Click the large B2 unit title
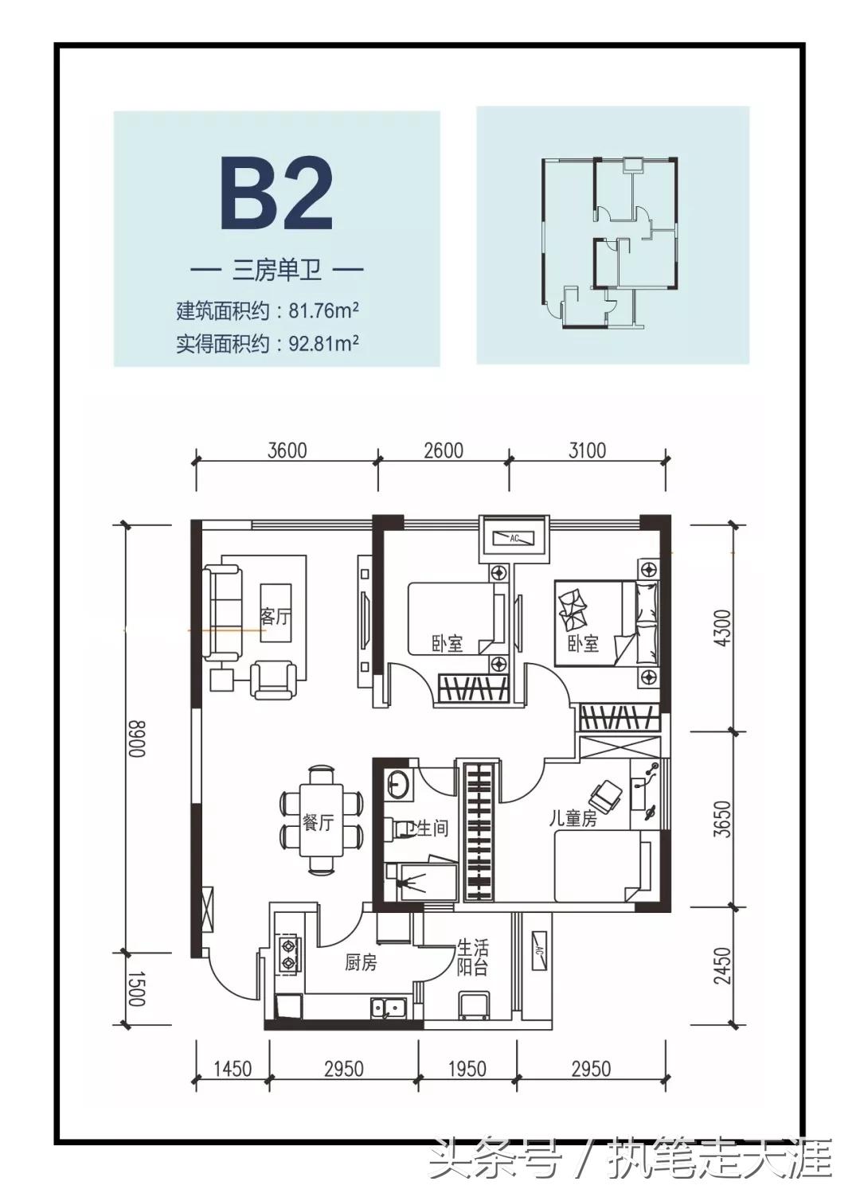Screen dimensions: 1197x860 pos(276,194)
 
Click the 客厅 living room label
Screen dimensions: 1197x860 pos(275,616)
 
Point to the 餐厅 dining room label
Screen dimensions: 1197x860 pos(318,822)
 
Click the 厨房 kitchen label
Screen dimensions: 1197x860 pos(361,963)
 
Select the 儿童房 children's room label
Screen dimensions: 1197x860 pos(573,818)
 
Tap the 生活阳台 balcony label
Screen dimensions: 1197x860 pos(471,957)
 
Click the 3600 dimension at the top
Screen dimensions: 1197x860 pos(287,450)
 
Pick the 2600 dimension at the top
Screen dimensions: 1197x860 pos(443,450)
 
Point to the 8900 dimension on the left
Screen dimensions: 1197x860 pos(136,739)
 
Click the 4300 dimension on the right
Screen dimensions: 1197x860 pos(721,628)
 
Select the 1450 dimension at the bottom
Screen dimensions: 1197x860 pos(233,1068)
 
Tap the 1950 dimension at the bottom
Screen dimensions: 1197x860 pos(467,1068)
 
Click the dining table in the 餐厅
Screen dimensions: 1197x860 pos(321,819)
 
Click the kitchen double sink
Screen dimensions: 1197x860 pos(388,1008)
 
